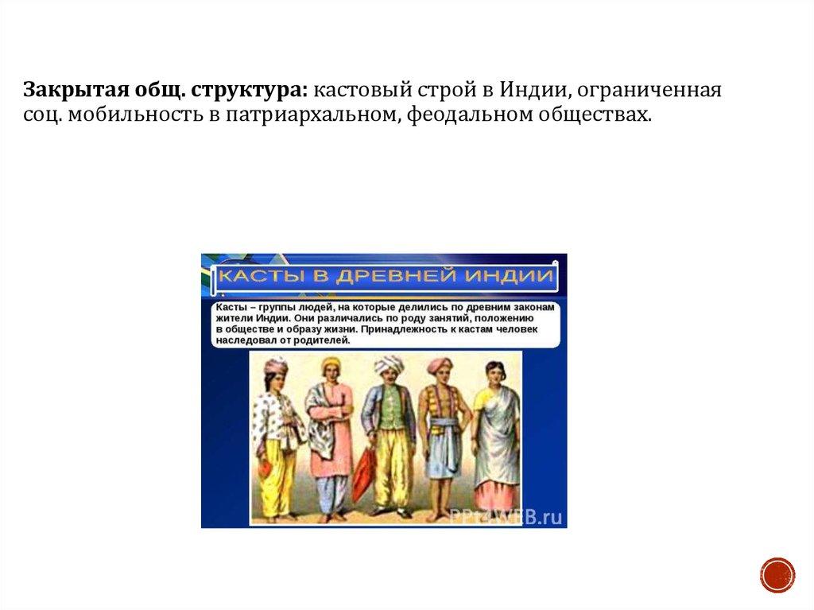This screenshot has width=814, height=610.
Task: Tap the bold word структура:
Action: point(250,91)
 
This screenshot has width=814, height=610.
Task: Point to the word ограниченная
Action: point(649,91)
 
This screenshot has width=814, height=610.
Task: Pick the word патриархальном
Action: point(313,115)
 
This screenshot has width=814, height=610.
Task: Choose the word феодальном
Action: point(469,115)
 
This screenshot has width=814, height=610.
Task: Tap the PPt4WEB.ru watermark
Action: point(506,516)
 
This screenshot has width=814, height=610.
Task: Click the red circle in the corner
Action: point(777,575)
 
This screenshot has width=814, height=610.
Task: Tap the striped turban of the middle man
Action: point(389,364)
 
